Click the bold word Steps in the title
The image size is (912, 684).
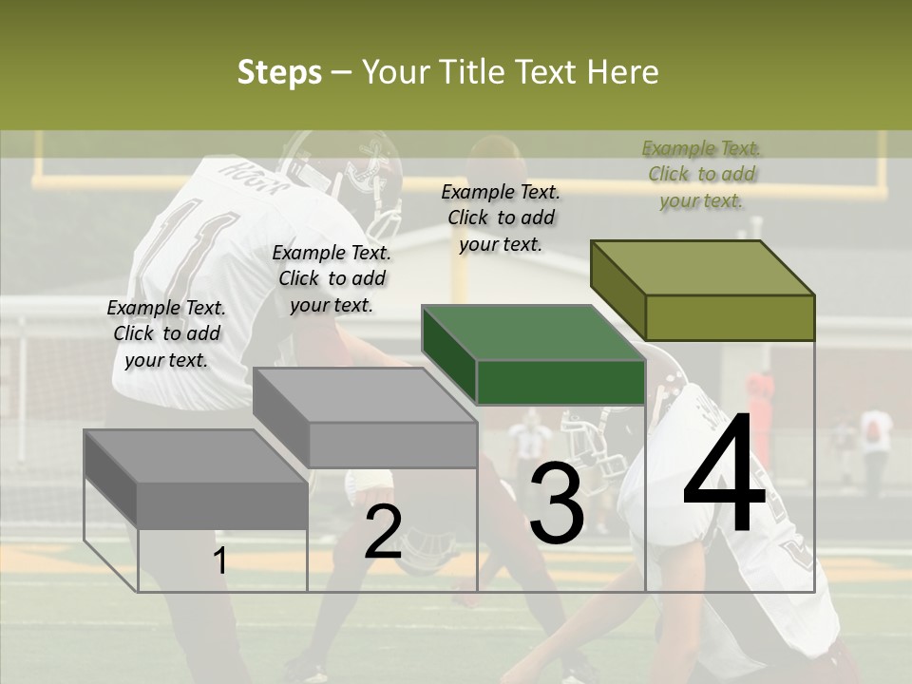279,72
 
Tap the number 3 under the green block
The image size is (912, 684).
556,503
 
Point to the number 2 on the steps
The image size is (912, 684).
383,532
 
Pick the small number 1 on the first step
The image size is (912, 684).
219,560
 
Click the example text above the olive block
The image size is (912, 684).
702,174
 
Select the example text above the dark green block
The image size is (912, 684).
501,218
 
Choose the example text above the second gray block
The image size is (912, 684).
332,278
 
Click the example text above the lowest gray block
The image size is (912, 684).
166,333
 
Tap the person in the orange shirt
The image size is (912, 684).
759,394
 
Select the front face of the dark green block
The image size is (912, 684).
560,383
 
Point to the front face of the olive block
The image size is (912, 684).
730,317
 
